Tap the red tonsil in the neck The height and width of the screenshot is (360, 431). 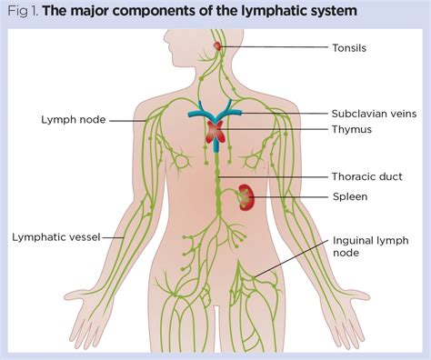click(217, 45)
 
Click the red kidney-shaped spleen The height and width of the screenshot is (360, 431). click(246, 195)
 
